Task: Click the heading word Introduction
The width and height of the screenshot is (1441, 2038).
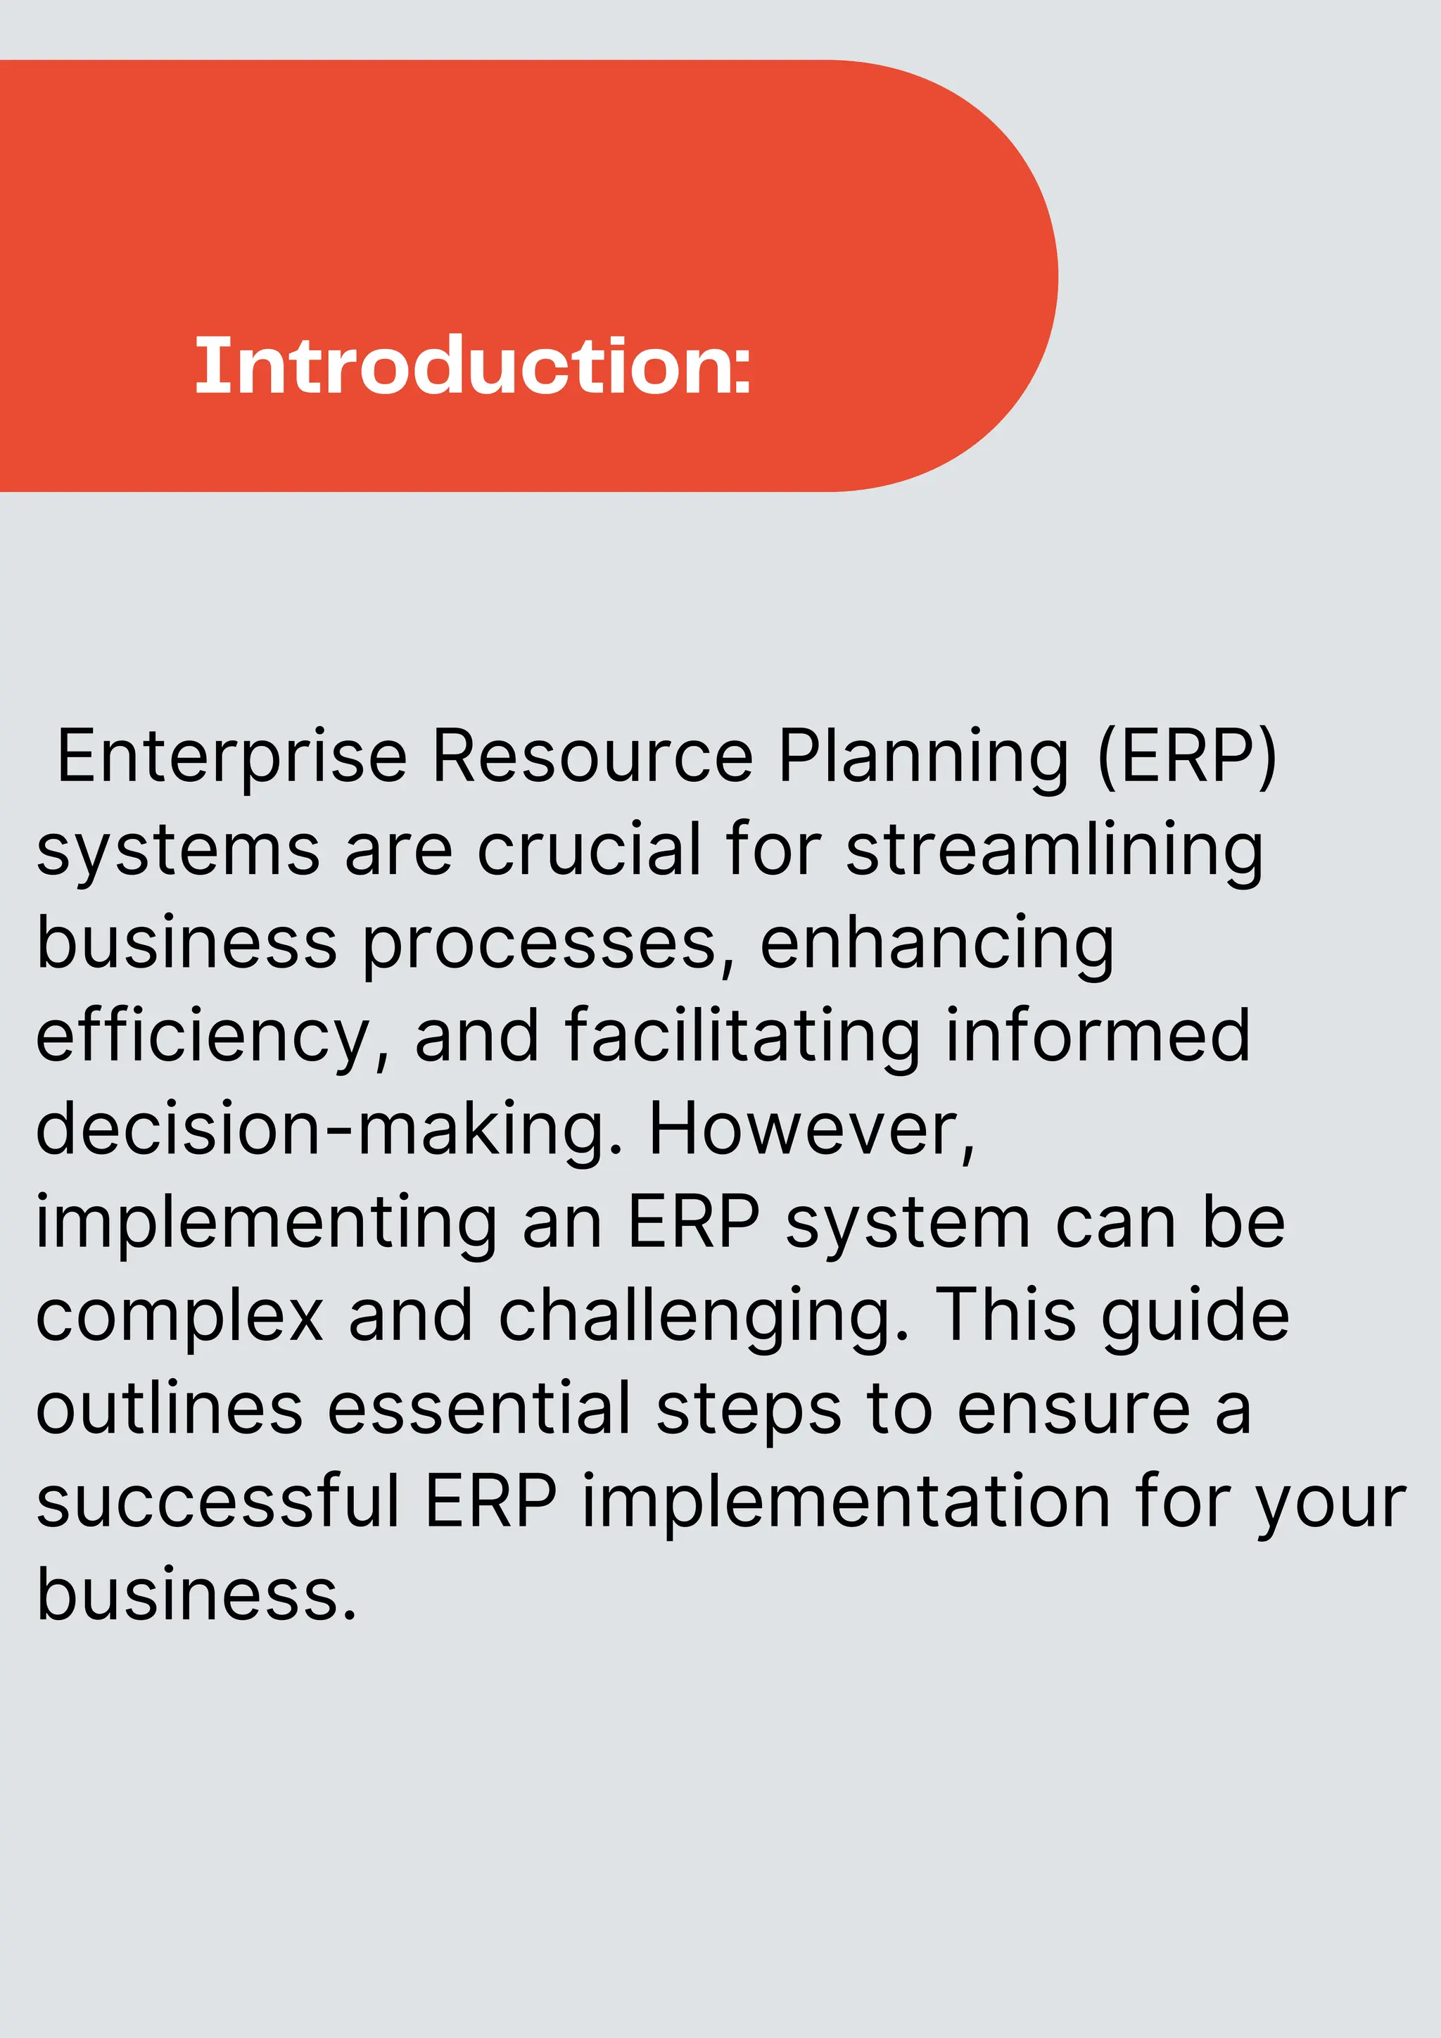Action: coord(473,366)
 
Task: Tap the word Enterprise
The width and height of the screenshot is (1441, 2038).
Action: coord(231,757)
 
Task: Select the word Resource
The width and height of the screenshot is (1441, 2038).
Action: coord(592,757)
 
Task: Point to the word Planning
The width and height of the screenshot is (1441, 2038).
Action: coord(924,757)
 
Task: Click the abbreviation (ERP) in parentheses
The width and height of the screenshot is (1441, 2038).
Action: coord(1187,757)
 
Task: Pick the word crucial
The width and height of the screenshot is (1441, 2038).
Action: coord(589,850)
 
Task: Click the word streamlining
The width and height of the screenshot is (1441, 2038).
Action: coord(1054,850)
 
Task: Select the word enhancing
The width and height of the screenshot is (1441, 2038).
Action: coord(936,944)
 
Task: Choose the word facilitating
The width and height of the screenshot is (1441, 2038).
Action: coord(742,1037)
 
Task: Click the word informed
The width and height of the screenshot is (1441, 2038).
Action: coord(1098,1037)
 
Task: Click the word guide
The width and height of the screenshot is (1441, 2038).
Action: coord(1194,1317)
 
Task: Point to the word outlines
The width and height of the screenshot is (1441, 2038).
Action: coord(170,1410)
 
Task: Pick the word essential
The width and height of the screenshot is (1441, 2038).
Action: coord(479,1410)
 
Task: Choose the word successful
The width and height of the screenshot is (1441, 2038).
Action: coord(218,1502)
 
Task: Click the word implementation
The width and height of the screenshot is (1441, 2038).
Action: coord(846,1502)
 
